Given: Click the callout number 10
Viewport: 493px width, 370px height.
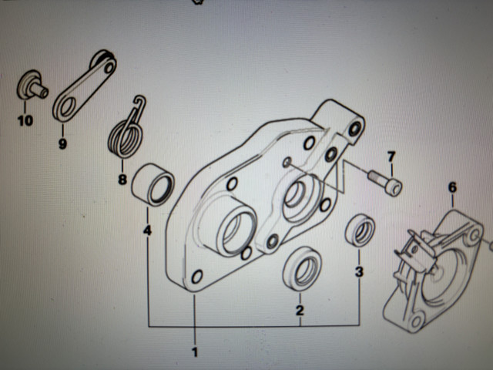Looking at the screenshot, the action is tap(25, 121).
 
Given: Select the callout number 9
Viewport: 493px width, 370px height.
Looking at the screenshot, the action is tap(62, 144).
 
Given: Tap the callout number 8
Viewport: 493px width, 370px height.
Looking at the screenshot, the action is tap(122, 180).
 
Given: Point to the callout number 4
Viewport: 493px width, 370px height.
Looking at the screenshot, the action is tap(147, 230).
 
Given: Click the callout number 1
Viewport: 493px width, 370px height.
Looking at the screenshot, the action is tap(195, 352).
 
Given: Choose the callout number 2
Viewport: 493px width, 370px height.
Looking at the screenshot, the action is tap(300, 310).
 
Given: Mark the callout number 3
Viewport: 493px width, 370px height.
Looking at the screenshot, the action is tap(359, 272).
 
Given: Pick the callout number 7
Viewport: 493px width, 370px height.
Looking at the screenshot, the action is tap(391, 156).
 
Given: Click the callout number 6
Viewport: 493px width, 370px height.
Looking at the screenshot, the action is tap(452, 188).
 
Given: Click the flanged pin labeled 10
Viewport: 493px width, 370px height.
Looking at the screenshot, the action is tap(32, 86).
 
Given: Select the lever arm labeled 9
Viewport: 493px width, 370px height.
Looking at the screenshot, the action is tap(84, 86).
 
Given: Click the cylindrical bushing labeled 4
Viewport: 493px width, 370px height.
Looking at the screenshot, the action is tap(153, 185).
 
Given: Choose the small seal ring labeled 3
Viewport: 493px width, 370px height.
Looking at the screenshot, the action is tap(361, 230).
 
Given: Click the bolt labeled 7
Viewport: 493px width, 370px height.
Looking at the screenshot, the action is tap(385, 183).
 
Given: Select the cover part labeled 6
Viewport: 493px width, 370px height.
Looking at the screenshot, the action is tap(434, 271).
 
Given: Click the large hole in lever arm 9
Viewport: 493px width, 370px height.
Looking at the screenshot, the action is tap(68, 106).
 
